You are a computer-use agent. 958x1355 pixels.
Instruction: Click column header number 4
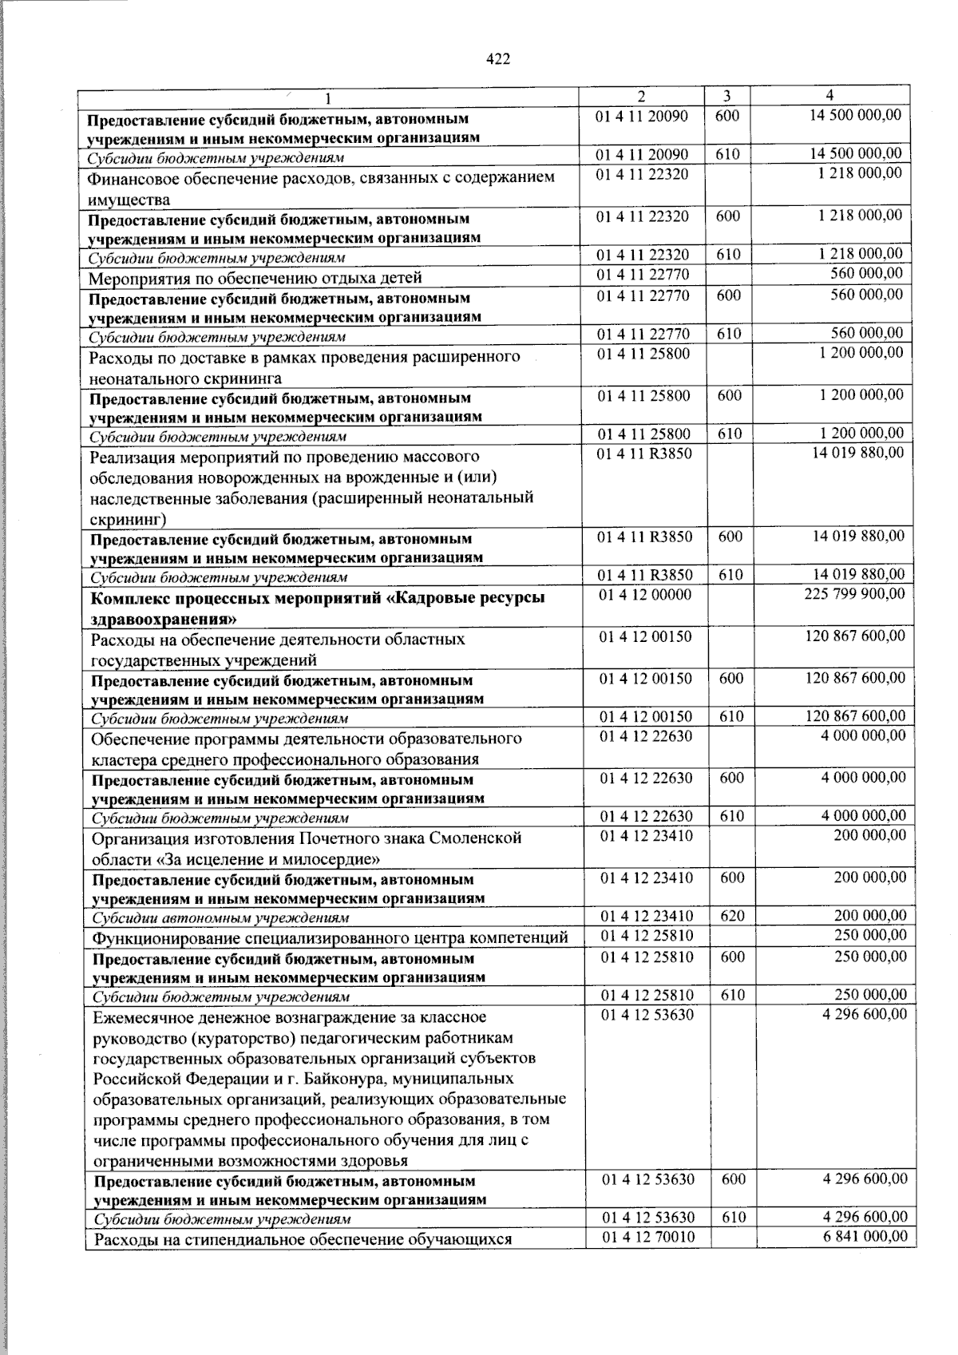pyautogui.click(x=830, y=95)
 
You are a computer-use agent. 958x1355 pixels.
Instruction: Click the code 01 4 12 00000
pyautogui.click(x=644, y=595)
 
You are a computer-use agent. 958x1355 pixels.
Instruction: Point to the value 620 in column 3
pyautogui.click(x=731, y=917)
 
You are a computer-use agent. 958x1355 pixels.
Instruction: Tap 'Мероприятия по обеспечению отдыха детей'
pyautogui.click(x=255, y=279)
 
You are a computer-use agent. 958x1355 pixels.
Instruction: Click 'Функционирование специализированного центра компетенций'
pyautogui.click(x=330, y=937)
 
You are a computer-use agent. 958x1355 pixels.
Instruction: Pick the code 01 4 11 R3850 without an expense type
pyautogui.click(x=644, y=454)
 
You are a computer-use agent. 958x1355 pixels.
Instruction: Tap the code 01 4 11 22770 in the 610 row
pyautogui.click(x=643, y=334)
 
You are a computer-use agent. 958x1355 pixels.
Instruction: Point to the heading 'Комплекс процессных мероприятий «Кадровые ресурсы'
pyautogui.click(x=319, y=598)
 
